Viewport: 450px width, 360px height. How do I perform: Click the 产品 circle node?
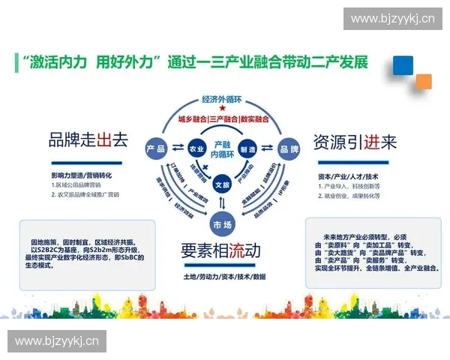tap(156, 148)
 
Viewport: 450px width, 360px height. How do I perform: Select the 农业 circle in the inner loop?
tap(196, 148)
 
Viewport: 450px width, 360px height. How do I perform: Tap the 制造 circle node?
tap(248, 148)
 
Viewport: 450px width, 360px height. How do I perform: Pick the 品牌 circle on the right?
tap(289, 148)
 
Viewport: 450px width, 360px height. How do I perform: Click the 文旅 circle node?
tap(222, 183)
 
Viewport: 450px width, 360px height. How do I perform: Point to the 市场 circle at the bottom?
tap(222, 223)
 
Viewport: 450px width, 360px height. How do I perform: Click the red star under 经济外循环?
tap(223, 109)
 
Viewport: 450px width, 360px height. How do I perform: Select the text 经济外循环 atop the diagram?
tap(223, 99)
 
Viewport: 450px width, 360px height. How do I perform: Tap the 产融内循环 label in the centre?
tap(222, 148)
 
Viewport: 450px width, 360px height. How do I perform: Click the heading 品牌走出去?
tap(83, 139)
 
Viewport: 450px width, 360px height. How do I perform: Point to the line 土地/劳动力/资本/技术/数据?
tap(223, 276)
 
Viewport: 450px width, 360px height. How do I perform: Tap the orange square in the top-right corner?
tap(423, 81)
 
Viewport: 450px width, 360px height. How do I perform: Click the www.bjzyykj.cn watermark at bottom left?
tap(57, 342)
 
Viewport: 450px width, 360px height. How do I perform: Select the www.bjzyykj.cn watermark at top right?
tap(393, 18)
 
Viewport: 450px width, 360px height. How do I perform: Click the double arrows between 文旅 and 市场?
tap(222, 203)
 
